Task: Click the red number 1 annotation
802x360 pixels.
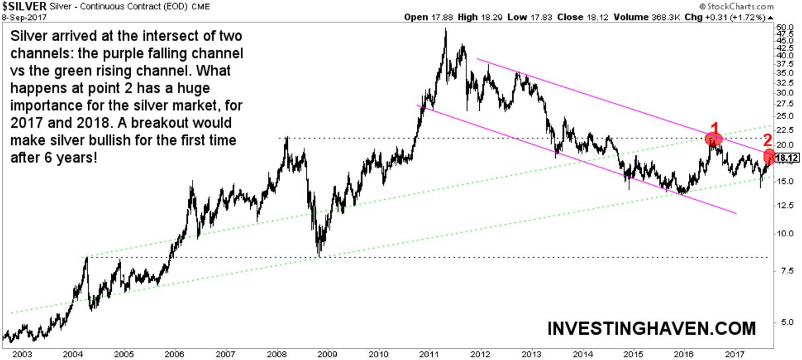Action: point(714,128)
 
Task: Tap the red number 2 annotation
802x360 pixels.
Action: point(767,140)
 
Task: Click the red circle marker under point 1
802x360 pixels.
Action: point(712,139)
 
